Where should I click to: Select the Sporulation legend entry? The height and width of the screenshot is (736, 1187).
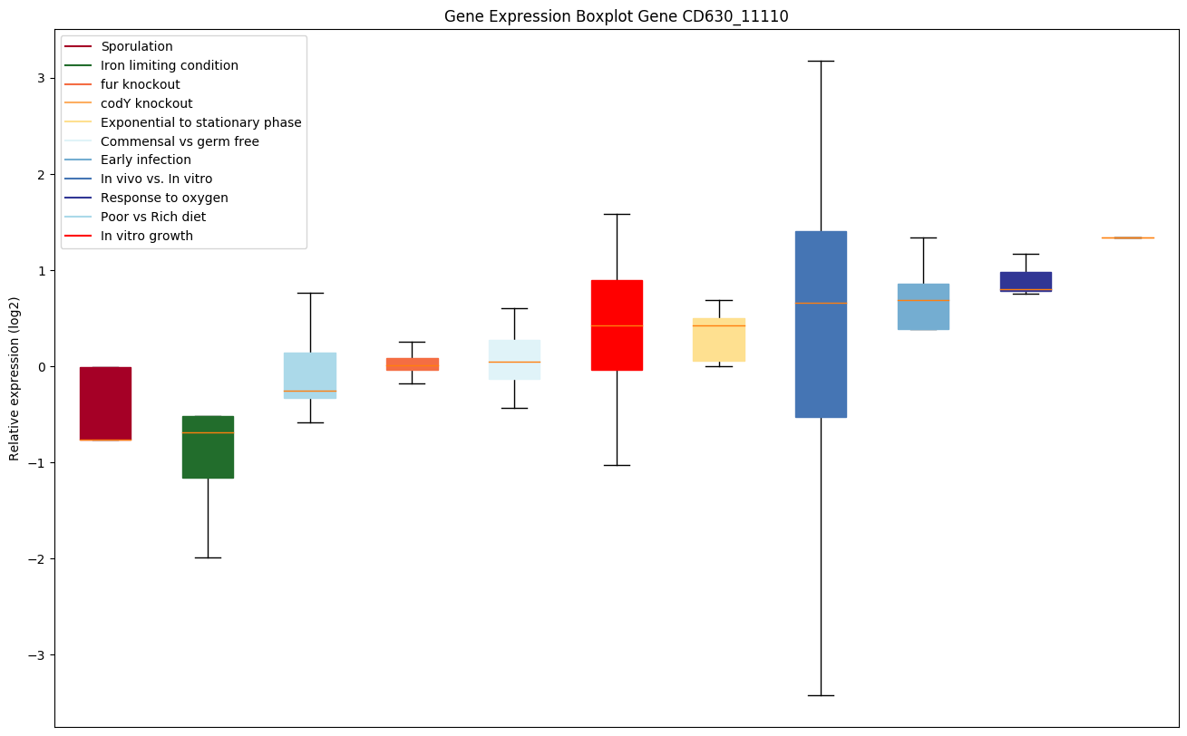[137, 46]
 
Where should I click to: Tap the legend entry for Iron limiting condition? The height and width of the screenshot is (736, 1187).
[170, 65]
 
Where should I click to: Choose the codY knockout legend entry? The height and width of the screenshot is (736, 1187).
[146, 103]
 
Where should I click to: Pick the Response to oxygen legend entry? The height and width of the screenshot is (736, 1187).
[164, 198]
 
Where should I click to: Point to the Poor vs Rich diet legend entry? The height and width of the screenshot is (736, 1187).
[153, 217]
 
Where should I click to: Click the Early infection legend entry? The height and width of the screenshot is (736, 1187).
[146, 160]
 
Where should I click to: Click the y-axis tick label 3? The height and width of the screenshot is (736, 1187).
[41, 78]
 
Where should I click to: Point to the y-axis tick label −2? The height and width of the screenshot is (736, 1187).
[37, 559]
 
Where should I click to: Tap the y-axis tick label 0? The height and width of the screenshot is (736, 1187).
[41, 366]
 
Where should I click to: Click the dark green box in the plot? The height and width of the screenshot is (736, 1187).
[208, 447]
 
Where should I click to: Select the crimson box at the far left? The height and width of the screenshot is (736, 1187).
[105, 403]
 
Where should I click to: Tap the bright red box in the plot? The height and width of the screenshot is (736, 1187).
[617, 324]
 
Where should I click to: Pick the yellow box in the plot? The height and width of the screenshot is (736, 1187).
[719, 340]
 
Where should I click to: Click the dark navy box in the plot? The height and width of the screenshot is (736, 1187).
[1026, 281]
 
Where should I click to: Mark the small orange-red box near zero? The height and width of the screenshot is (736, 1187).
[412, 363]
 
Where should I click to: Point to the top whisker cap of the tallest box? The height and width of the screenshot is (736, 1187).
[821, 61]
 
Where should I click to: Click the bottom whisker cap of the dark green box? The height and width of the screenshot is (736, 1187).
[208, 557]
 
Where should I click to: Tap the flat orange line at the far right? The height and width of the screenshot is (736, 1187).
[1127, 237]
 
